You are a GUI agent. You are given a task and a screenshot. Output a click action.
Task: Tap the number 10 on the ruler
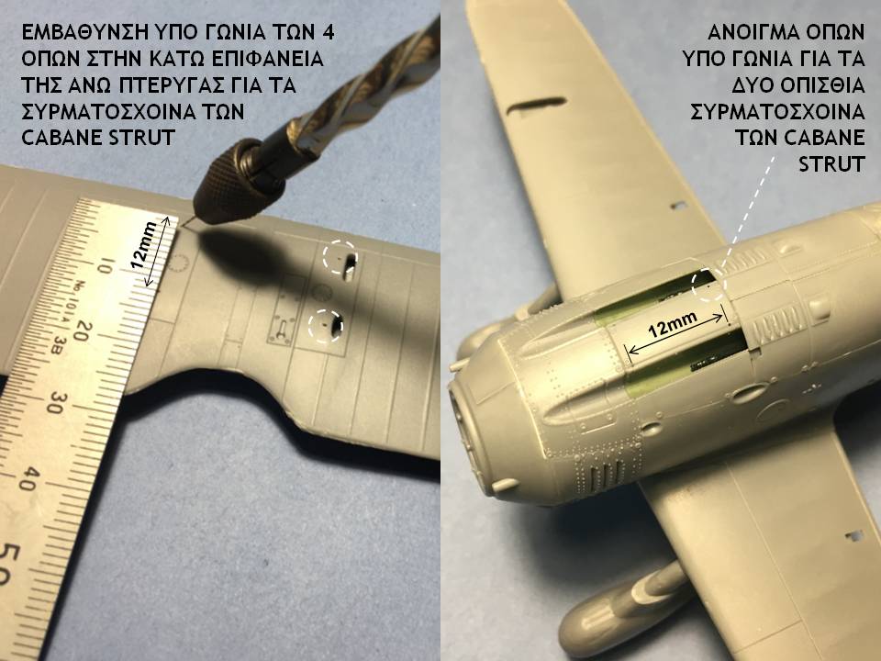105,265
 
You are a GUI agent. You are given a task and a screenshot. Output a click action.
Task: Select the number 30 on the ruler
56,401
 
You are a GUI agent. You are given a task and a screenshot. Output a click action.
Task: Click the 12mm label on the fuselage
673,324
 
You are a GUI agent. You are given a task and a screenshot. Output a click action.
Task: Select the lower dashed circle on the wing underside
325,325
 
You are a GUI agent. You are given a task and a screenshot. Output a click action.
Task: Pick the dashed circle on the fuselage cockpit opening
709,285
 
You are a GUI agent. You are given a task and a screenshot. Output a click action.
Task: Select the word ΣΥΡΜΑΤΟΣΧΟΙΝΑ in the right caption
777,112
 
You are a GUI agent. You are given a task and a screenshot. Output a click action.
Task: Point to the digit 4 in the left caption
329,33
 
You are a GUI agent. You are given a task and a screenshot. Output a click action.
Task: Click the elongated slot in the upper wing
537,106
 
